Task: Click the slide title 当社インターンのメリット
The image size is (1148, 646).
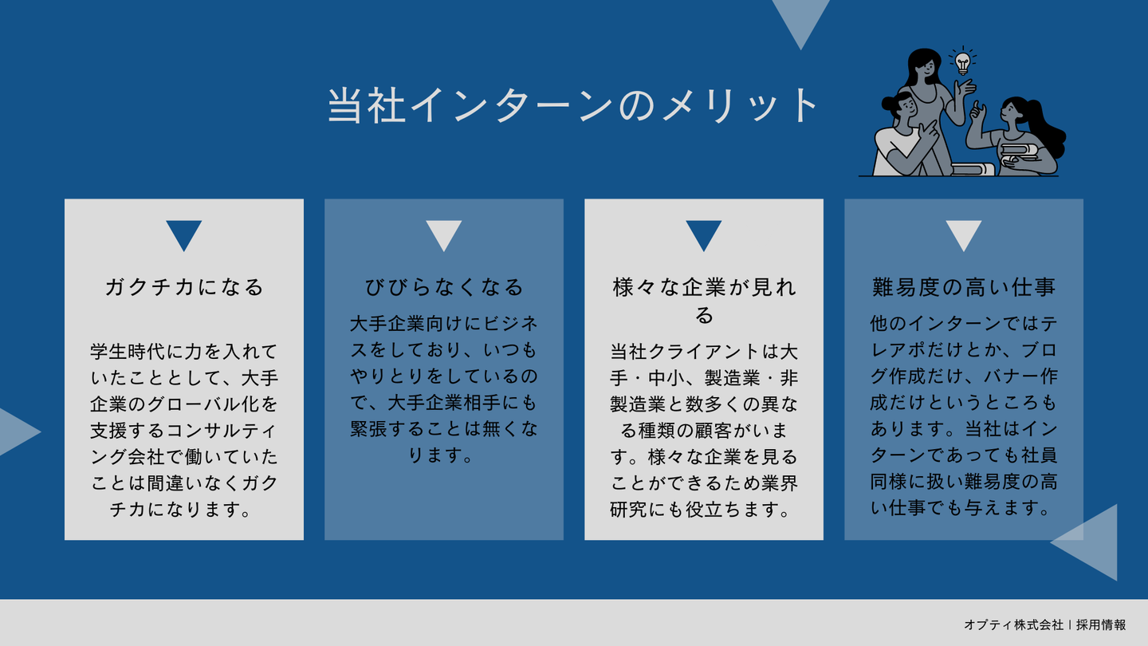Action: [572, 105]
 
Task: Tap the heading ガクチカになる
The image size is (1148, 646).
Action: [184, 287]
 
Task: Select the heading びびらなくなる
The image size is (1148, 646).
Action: [444, 287]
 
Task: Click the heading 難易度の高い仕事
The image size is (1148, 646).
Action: [964, 287]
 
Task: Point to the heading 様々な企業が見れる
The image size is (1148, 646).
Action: [704, 301]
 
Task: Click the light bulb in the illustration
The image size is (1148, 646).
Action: [962, 62]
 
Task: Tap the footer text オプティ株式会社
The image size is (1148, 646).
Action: [1013, 625]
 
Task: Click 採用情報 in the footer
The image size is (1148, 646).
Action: [1100, 625]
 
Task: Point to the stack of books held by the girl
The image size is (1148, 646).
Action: [1020, 154]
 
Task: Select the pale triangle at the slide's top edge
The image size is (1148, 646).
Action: [800, 18]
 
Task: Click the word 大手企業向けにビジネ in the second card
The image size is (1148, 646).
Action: [444, 324]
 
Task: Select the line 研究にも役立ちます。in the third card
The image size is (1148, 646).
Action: [701, 509]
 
